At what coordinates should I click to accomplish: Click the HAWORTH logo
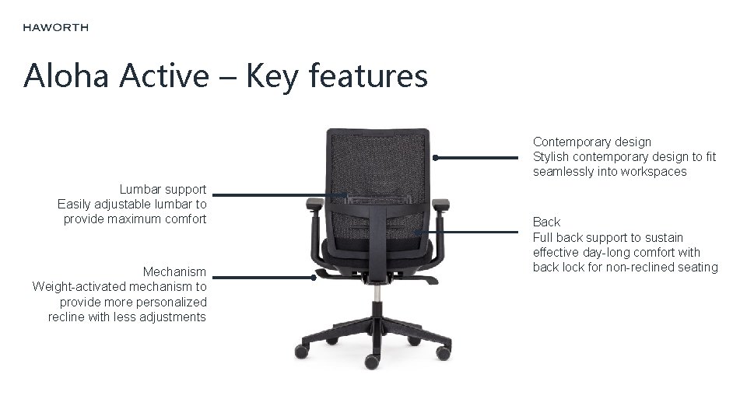coord(55,27)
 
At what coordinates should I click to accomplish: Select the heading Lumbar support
coord(163,189)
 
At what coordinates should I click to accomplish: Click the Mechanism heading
coord(174,272)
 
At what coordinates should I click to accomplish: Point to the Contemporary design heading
coord(591,142)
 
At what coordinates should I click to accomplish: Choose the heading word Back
coord(546,222)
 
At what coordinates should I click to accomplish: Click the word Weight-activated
coord(82,287)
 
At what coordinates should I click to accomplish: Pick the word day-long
coord(609,253)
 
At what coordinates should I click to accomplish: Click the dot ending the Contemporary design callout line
coord(436,158)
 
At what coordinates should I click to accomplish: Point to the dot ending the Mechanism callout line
coord(315,276)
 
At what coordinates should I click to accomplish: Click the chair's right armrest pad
coord(440,204)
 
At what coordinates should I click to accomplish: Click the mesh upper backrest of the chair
coord(377,159)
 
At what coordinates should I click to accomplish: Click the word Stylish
coord(551,157)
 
